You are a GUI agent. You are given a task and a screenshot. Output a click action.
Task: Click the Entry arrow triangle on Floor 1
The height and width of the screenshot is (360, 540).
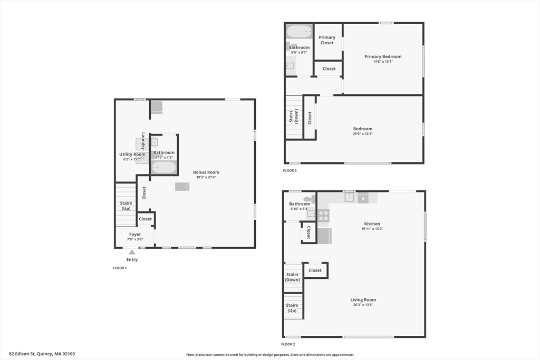point(132,252)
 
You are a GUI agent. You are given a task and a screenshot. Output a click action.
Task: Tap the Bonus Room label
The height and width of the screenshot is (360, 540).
point(206,172)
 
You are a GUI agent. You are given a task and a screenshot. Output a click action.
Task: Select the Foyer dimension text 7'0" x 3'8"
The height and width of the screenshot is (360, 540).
point(135,239)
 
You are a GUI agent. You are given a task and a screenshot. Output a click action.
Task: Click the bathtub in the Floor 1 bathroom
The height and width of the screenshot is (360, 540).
point(164,168)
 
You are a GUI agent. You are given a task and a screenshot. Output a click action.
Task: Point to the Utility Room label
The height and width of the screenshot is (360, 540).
point(132,154)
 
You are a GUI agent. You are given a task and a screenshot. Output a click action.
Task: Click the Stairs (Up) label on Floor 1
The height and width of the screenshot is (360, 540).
point(126,206)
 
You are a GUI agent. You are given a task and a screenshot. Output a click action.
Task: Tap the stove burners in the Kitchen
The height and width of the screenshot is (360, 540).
point(323,216)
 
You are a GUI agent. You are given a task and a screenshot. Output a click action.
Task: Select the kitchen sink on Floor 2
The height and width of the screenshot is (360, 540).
point(349,197)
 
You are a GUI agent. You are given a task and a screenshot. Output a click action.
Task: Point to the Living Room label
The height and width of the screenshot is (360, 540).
point(363,300)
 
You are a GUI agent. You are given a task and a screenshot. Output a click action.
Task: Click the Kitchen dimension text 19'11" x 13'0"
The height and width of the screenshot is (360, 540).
point(372,229)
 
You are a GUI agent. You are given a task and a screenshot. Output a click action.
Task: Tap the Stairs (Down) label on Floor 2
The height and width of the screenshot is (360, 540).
point(292,277)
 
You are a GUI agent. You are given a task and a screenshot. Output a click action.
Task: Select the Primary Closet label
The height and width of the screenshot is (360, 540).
point(327,40)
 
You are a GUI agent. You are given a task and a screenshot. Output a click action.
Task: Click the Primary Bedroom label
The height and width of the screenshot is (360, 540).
point(383,56)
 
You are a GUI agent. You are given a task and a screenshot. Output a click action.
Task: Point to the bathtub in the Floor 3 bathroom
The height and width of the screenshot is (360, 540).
point(300,31)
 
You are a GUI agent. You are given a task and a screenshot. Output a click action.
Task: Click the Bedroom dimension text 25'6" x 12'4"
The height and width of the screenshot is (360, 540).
point(363,133)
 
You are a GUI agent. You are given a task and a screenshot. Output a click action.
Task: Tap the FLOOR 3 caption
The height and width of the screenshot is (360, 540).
point(290,170)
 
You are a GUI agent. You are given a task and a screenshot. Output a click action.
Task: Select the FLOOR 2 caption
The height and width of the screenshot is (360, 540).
point(288,344)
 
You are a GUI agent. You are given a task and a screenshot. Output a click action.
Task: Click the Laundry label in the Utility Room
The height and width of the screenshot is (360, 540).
point(143,141)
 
